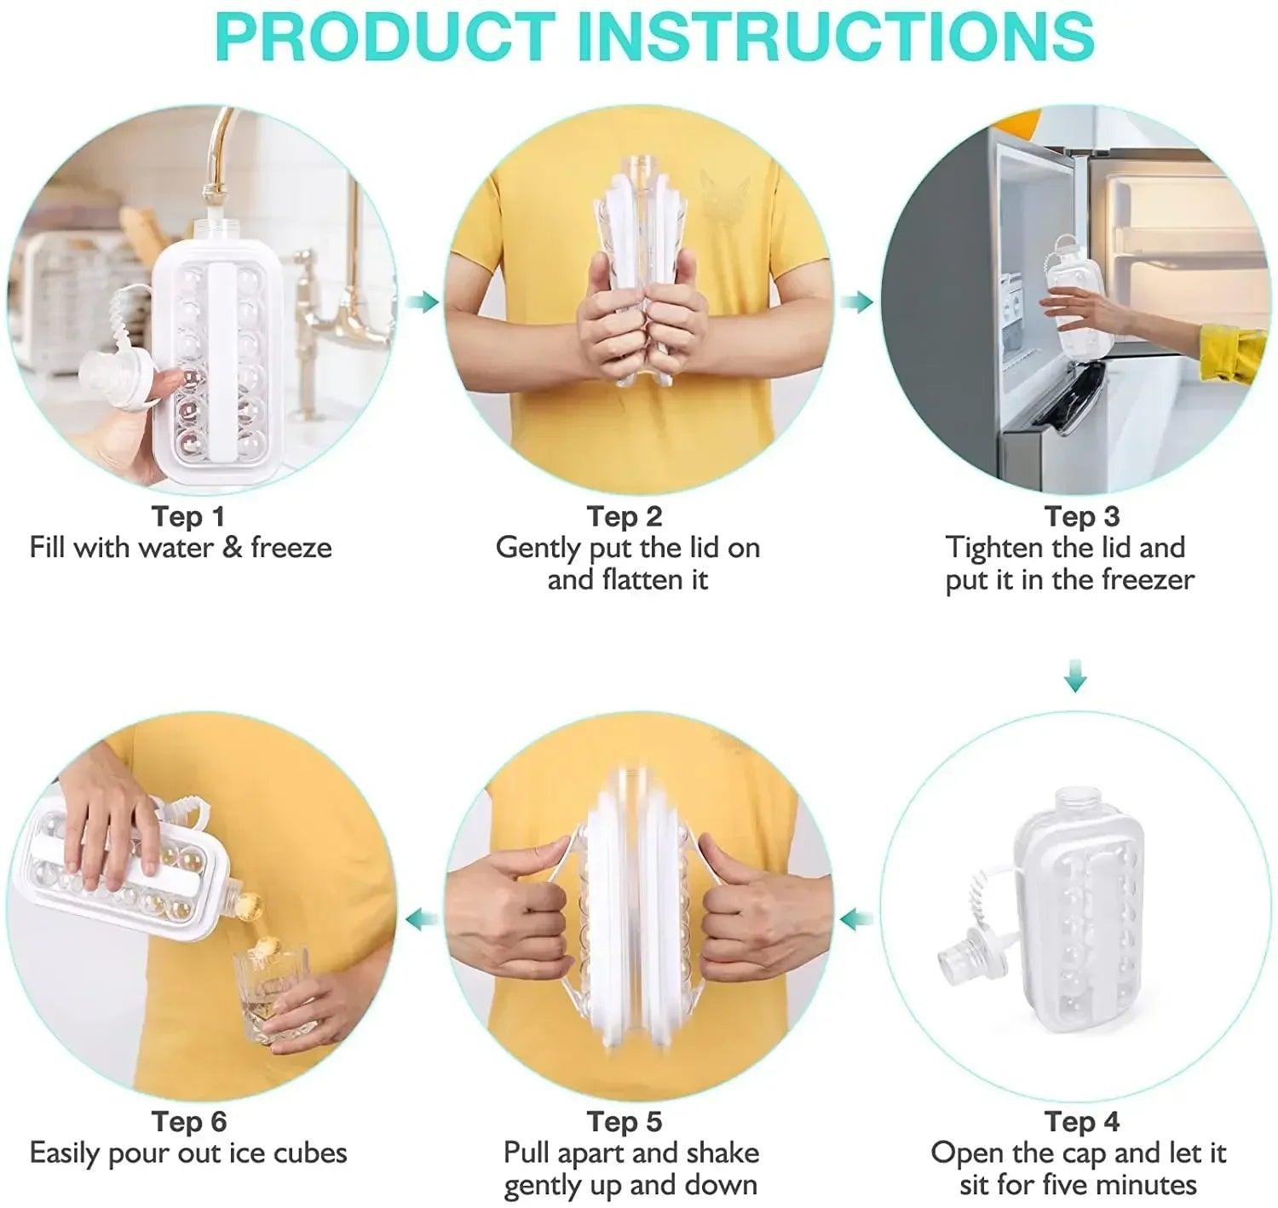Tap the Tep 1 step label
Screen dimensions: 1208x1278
click(x=187, y=516)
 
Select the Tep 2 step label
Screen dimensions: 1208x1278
click(x=625, y=516)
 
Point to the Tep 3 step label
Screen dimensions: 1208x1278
click(x=1082, y=516)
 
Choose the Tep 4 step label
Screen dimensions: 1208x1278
click(x=1082, y=1121)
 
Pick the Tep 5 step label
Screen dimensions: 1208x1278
click(x=625, y=1121)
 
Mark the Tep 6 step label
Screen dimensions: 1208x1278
click(x=189, y=1121)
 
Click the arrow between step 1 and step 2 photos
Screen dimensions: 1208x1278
click(x=422, y=302)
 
